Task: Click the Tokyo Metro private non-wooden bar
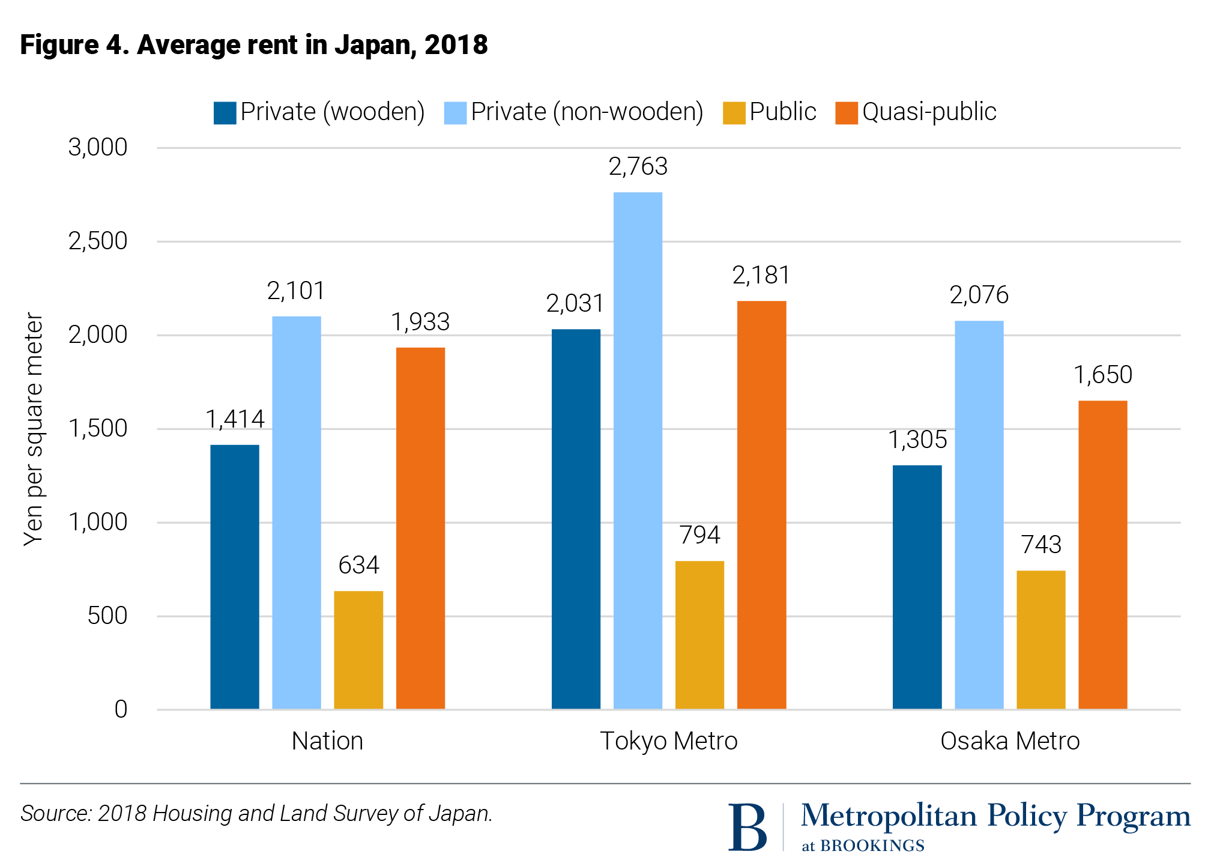[x=638, y=450]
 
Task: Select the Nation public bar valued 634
[x=358, y=650]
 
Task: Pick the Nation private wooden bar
[x=235, y=577]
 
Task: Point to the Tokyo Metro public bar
[x=699, y=635]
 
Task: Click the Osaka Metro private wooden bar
[x=917, y=587]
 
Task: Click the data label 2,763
[x=638, y=166]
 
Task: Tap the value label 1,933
[x=420, y=322]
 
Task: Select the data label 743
[x=1041, y=545]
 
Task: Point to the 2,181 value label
[x=761, y=275]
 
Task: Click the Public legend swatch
[x=734, y=113]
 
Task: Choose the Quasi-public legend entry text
[x=929, y=112]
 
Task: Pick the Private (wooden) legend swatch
[x=225, y=113]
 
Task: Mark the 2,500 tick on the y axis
[x=98, y=241]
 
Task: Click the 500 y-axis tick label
[x=107, y=616]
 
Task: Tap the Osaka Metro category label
[x=1010, y=741]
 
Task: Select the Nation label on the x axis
[x=327, y=741]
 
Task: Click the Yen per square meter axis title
[x=34, y=429]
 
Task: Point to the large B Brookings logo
[x=747, y=827]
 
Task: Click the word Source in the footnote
[x=55, y=814]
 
